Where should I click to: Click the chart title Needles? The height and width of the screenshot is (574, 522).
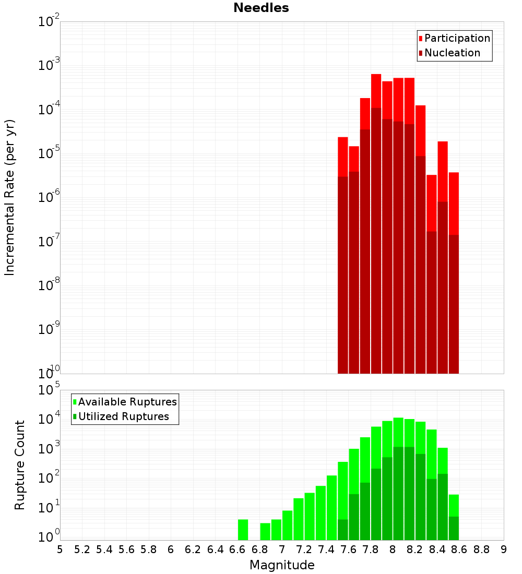point(261,8)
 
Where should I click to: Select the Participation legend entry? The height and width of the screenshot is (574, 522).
point(457,38)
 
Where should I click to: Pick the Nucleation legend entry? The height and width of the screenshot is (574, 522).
point(452,53)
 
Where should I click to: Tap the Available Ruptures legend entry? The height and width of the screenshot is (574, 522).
point(127,402)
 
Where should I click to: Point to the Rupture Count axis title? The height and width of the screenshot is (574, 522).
point(20,465)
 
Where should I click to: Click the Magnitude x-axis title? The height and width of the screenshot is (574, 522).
point(282,565)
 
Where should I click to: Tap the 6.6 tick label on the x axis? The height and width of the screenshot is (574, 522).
point(238,549)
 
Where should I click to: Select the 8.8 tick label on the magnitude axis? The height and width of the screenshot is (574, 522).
point(481,549)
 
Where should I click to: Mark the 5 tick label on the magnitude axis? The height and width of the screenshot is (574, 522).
point(60,549)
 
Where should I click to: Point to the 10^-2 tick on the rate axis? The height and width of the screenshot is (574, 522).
point(49,22)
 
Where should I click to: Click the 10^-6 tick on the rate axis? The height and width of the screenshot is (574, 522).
point(49,198)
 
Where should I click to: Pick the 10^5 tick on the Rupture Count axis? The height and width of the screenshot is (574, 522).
point(50,390)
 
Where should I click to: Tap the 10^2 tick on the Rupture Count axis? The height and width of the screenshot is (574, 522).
point(50,479)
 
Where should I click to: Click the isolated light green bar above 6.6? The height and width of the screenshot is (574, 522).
point(243,530)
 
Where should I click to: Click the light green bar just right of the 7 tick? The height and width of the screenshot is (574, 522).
point(287,525)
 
